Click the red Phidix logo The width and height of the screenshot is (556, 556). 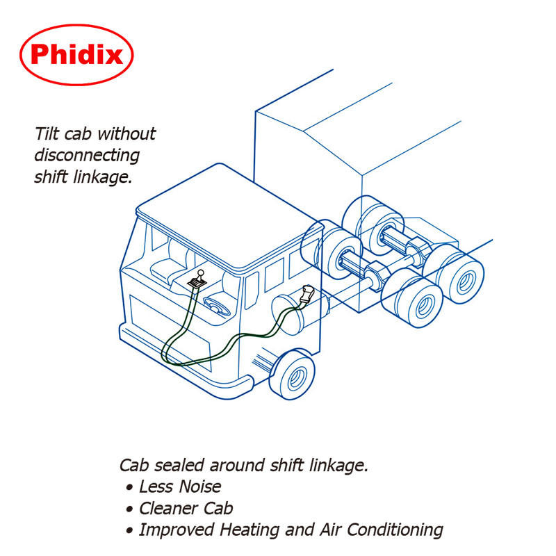tap(76, 54)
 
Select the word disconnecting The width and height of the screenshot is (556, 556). tap(87, 155)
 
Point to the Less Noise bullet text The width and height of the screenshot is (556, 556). tap(180, 486)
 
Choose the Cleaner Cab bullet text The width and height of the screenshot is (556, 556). tap(186, 508)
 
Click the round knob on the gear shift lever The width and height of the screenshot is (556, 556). tap(201, 273)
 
